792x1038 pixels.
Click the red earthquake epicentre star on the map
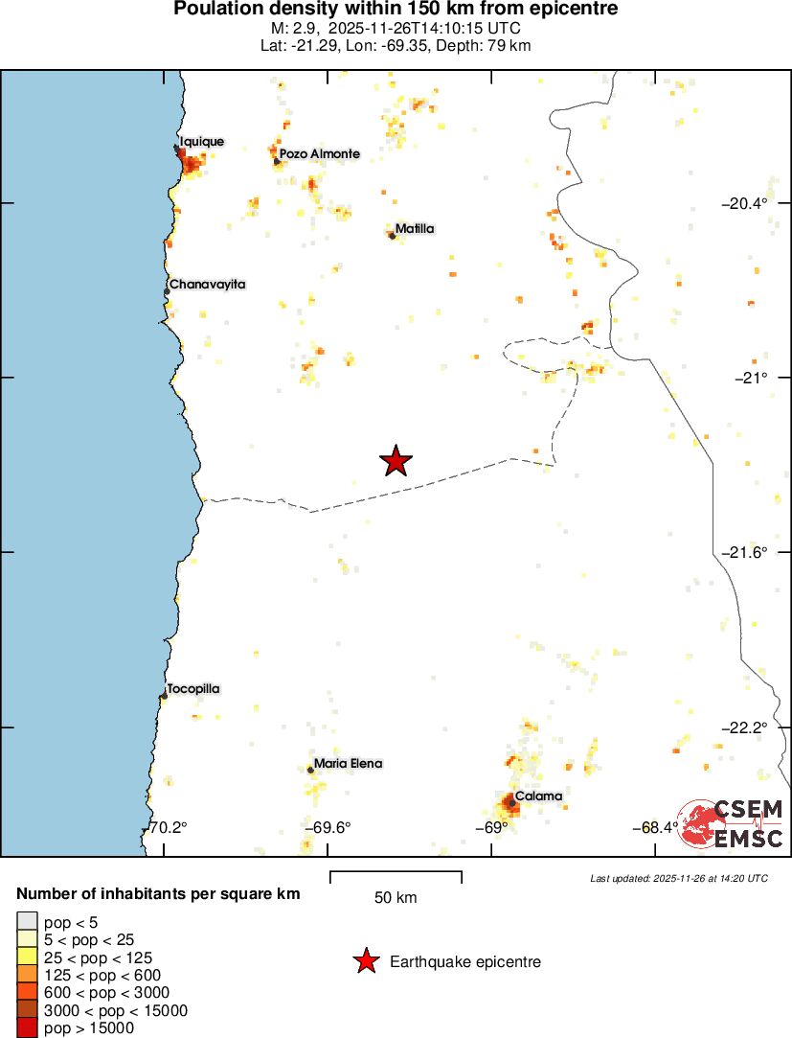coord(396,461)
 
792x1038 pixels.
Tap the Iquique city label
coord(201,142)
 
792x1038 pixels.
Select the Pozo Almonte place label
coord(320,153)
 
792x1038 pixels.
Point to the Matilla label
coord(415,228)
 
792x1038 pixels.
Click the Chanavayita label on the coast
coord(208,285)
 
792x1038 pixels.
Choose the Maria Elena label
coord(348,764)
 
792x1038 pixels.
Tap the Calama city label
coord(538,796)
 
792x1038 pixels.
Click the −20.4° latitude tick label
coord(744,203)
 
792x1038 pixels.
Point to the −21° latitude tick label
coord(751,378)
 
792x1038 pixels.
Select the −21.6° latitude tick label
coord(744,552)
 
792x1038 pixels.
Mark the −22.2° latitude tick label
coord(744,727)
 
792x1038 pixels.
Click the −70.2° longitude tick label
coord(169,828)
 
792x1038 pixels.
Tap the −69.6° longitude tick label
coord(328,828)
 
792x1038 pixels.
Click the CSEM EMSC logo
coord(732,822)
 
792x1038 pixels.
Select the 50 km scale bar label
coord(396,898)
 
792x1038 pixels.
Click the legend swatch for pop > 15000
coord(27,1028)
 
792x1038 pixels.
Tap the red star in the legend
coord(365,961)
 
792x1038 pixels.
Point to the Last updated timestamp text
coord(679,878)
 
